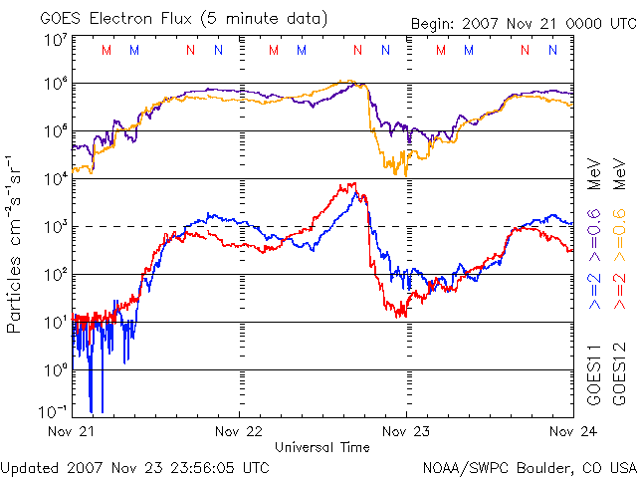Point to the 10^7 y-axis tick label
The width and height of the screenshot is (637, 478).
55,40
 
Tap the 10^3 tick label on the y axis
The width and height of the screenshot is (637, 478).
55,226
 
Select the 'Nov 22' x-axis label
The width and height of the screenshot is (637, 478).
240,433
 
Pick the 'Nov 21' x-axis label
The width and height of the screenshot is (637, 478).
72,433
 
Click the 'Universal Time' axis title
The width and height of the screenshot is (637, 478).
321,447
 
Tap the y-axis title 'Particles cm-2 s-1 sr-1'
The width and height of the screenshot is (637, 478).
17,244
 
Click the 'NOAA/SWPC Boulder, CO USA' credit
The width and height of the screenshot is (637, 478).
529,466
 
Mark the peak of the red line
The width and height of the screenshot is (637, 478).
352,183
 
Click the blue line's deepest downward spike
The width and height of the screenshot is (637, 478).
92,410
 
